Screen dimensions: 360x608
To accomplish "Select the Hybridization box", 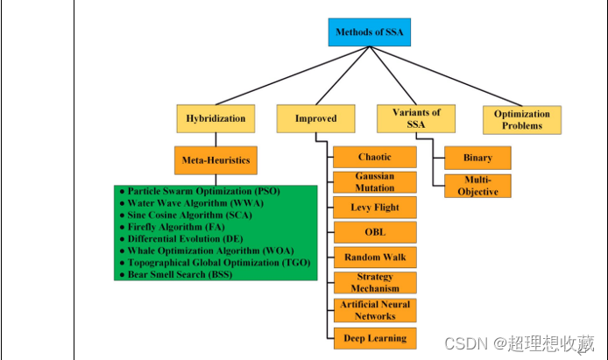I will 216,118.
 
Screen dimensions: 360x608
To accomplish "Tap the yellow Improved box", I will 315,118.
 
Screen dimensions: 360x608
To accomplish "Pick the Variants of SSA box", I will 416,118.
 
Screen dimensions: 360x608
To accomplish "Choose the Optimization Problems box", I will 522,119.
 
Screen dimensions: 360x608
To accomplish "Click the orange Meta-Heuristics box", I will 215,160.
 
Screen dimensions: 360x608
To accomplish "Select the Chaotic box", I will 374,158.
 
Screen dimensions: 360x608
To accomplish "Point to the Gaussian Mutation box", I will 374,182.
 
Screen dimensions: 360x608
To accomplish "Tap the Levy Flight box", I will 374,208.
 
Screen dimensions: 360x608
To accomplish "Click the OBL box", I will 374,233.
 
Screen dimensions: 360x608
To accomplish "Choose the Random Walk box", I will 374,258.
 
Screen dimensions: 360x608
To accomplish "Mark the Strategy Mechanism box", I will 374,283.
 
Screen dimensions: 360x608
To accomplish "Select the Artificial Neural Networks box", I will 374,309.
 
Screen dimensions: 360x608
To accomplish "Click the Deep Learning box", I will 374,338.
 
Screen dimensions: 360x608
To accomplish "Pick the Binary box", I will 477,159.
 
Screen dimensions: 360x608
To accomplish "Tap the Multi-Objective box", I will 477,186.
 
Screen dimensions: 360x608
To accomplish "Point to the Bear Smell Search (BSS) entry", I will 180,274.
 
